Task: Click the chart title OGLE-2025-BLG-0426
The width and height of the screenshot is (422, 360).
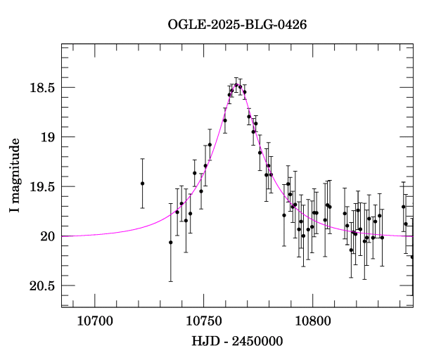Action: [237, 25]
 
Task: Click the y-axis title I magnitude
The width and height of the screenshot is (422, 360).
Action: [15, 176]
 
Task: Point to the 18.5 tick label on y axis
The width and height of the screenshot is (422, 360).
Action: [43, 88]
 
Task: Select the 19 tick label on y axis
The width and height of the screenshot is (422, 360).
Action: [48, 137]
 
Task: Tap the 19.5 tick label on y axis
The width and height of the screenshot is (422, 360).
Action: [43, 186]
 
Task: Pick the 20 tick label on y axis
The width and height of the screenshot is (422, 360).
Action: [48, 236]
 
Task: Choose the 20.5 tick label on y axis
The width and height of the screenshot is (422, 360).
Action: [43, 285]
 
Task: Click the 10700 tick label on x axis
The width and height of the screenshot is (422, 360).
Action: [94, 321]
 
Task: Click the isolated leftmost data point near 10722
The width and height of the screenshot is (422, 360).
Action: [142, 184]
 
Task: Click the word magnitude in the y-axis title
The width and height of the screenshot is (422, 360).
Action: [15, 169]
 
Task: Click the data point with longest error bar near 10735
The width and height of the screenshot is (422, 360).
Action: [170, 243]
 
